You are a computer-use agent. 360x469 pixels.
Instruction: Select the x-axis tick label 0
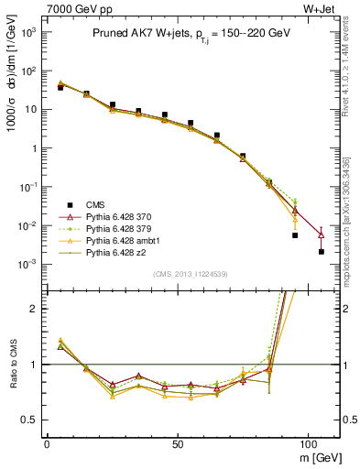point(47,442)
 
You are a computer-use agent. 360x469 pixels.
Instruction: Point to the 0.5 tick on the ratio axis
point(29,420)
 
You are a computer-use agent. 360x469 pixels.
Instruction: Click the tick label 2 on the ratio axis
point(34,309)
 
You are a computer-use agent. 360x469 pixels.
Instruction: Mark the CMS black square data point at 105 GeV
point(322,251)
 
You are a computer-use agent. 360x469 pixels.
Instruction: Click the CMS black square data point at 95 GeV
point(295,234)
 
